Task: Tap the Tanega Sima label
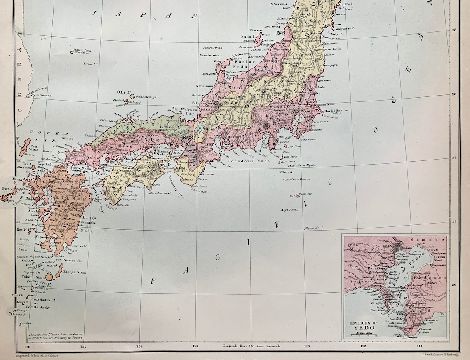click(75, 272)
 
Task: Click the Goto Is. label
click(6, 191)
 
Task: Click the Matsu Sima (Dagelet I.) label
click(82, 52)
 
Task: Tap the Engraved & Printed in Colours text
click(37, 355)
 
